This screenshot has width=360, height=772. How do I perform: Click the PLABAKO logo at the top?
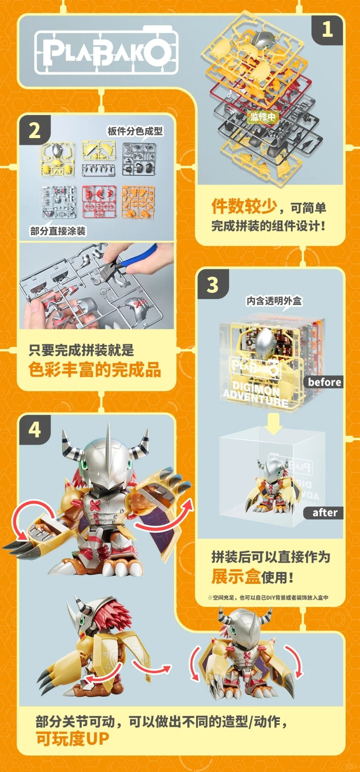105,51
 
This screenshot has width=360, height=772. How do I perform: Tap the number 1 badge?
327,30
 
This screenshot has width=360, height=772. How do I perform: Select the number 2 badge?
35,130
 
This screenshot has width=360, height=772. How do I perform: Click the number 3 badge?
213,285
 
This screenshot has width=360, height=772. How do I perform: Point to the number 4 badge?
35,430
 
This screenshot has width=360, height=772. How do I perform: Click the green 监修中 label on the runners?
263,117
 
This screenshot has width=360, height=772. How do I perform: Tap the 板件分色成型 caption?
135,131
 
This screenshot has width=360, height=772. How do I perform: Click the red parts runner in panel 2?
99,202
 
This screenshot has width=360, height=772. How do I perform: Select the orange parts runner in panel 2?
139,202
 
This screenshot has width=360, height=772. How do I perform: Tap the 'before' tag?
324,382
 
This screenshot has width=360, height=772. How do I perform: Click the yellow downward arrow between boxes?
274,424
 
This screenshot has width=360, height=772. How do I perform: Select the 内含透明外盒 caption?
274,301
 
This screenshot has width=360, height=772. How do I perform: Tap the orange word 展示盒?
236,576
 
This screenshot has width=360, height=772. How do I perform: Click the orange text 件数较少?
244,206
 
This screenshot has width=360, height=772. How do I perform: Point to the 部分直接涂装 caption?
58,231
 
